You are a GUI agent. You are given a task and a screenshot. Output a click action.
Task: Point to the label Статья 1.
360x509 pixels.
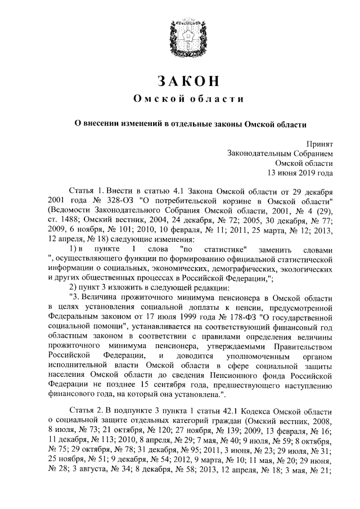pyautogui.click(x=85, y=192)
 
